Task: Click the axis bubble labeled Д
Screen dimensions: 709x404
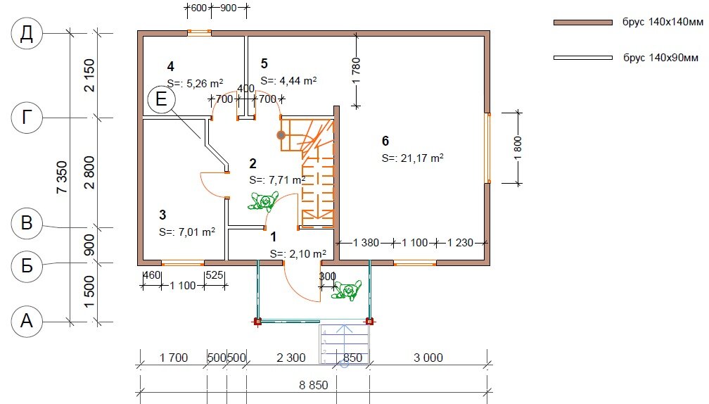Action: coord(27,34)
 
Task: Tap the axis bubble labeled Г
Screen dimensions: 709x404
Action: coord(27,118)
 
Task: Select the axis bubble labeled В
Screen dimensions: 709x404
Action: coord(27,223)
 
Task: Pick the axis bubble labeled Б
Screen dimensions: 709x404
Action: coord(27,266)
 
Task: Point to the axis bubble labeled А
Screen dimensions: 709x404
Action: coord(27,321)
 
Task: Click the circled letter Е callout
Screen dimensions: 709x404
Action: coord(162,99)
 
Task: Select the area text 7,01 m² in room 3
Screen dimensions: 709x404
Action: coord(197,232)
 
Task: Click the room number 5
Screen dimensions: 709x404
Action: coord(264,64)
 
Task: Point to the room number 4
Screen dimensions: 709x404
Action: coord(170,67)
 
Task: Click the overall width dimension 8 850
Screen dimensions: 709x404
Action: coord(314,385)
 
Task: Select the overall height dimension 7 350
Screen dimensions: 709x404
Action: coord(62,177)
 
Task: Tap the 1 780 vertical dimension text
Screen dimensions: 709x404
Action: coord(357,71)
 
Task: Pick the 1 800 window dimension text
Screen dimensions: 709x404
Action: coord(518,148)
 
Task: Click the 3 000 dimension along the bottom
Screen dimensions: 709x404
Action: coord(428,358)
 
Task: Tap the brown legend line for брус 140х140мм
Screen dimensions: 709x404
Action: coord(583,22)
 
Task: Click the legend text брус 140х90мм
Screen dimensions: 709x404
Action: coord(660,58)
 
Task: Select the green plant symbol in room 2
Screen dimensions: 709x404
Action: coord(263,201)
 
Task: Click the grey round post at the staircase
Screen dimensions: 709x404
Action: coord(281,135)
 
